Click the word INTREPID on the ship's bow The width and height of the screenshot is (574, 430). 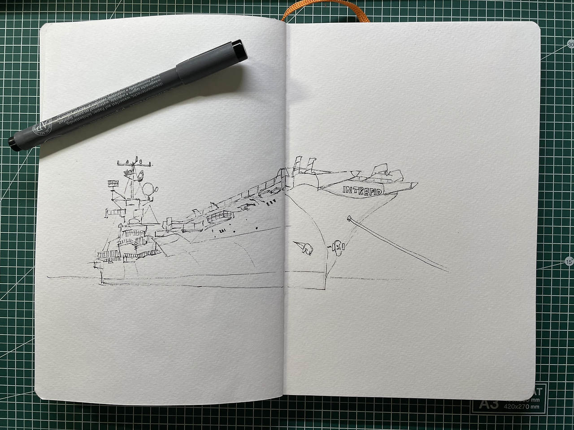(x=363, y=190)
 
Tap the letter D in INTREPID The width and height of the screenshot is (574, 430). (x=380, y=192)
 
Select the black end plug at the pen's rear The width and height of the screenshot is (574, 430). (x=13, y=142)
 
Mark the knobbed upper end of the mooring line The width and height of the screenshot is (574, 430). (x=349, y=219)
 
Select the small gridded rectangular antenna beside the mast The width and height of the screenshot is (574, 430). (x=112, y=183)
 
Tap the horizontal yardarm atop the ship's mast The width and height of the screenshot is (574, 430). (x=135, y=165)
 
